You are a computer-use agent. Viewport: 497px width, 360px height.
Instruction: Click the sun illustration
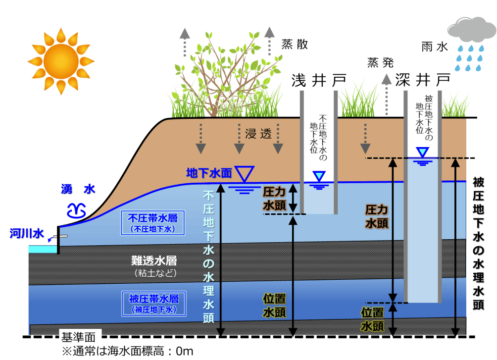click(60, 61)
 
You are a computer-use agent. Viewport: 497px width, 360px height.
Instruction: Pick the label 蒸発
click(380, 63)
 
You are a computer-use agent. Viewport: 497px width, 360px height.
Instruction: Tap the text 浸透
click(258, 133)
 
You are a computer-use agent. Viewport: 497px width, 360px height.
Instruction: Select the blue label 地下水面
click(209, 173)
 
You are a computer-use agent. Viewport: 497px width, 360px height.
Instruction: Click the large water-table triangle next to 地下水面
click(244, 173)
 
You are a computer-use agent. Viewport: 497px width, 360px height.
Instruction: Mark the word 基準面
click(81, 337)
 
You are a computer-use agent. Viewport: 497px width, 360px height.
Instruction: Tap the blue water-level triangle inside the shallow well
click(319, 176)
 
